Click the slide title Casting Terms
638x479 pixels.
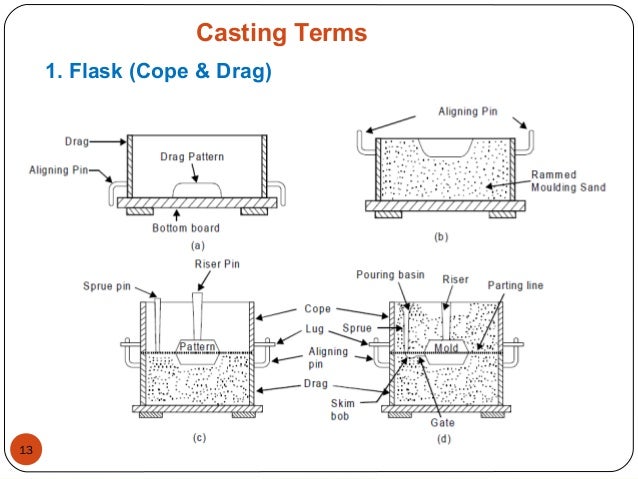(x=281, y=34)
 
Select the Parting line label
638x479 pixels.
(x=516, y=285)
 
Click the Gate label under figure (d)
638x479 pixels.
(x=441, y=422)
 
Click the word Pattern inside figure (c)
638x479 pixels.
(x=198, y=345)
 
